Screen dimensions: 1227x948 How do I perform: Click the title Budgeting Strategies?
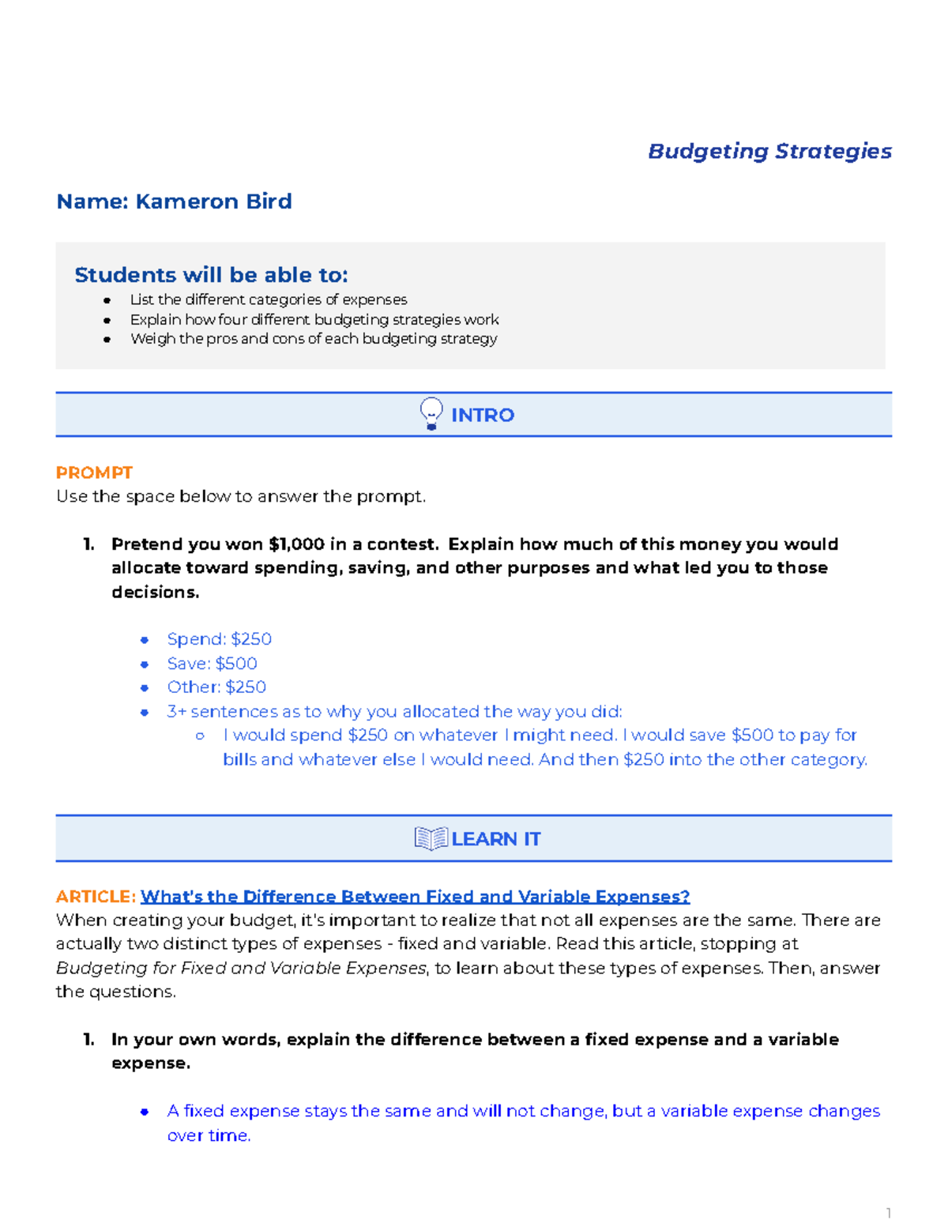[769, 151]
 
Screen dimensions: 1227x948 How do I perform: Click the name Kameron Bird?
[174, 201]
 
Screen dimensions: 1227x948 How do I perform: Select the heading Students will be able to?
[211, 275]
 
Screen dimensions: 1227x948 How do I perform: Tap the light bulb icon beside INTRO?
[431, 413]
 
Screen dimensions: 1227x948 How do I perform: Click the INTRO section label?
[482, 415]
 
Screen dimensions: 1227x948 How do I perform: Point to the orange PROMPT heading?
[94, 472]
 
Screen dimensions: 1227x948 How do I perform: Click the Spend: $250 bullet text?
[219, 639]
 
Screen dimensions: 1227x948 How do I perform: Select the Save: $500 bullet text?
[212, 664]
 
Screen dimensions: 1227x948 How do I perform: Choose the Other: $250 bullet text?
[216, 687]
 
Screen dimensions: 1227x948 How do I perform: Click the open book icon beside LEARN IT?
[431, 838]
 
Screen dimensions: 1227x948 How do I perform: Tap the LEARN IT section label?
[495, 839]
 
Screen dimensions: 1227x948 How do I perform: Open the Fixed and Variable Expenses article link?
[415, 897]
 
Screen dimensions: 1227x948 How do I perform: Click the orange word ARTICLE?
[96, 897]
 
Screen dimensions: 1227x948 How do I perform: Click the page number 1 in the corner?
[888, 1213]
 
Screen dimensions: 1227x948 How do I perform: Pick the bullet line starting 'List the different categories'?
[269, 299]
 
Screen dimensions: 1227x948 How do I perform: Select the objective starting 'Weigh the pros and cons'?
[314, 339]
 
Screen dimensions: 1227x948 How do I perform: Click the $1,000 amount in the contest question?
[296, 544]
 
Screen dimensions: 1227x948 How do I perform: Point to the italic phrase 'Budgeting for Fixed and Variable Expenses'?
[241, 968]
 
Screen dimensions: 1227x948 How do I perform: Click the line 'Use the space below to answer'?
[241, 496]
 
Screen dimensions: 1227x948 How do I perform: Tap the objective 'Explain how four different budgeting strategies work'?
[314, 319]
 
